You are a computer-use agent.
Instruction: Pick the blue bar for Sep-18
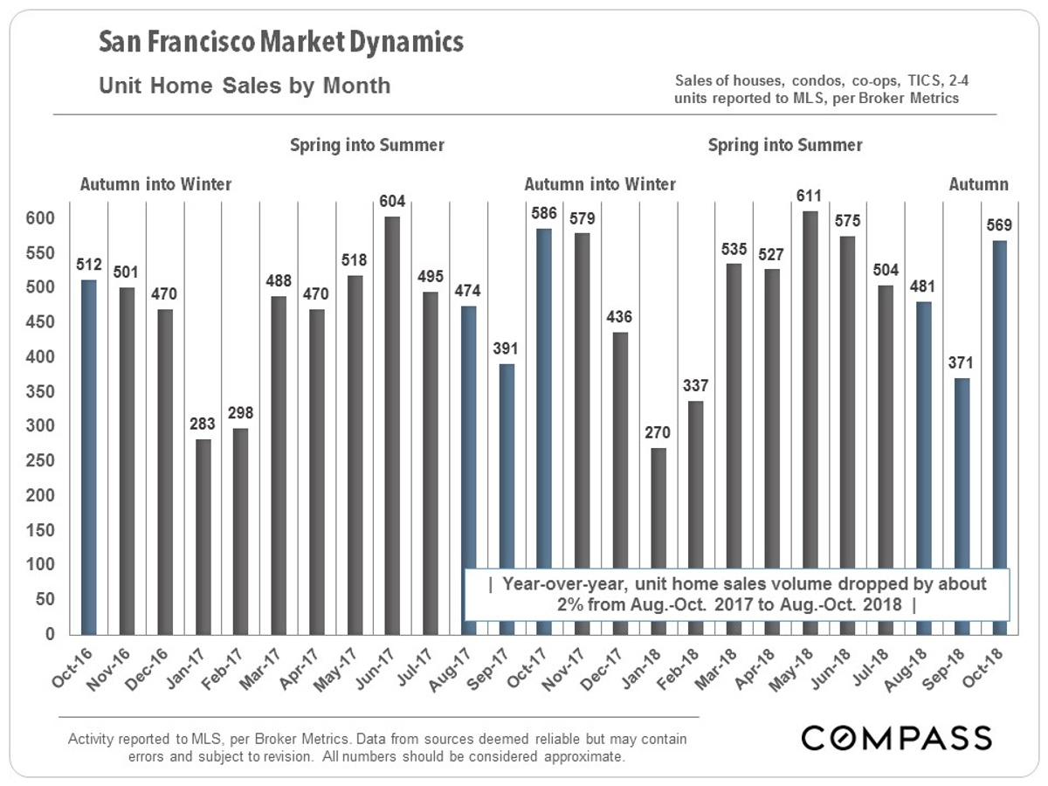click(x=962, y=507)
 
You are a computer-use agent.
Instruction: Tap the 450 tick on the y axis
click(x=41, y=322)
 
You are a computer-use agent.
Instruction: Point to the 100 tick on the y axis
click(x=41, y=565)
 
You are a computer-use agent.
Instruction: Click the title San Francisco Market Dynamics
click(x=280, y=42)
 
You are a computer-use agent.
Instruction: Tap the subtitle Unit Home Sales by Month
click(x=245, y=86)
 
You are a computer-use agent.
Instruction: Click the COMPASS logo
click(x=896, y=737)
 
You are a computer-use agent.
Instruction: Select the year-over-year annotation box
click(x=738, y=594)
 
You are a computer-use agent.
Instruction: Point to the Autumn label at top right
click(x=978, y=184)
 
